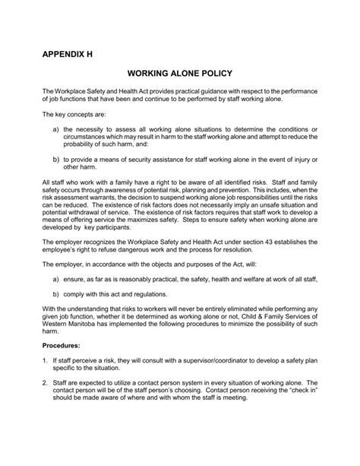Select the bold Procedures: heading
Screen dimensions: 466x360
(63, 366)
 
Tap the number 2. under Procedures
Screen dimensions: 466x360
(46, 407)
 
